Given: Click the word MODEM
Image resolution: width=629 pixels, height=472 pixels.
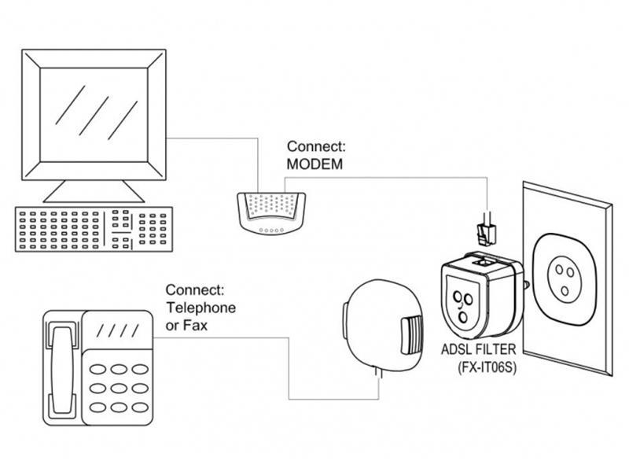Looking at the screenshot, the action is [x=314, y=164].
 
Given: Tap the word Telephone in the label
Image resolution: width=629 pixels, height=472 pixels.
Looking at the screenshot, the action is [x=201, y=308].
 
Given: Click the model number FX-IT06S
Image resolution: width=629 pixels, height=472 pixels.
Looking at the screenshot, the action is [x=487, y=367].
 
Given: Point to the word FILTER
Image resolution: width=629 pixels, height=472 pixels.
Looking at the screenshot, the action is [x=496, y=349].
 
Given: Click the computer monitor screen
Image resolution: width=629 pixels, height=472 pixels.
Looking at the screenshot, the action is [x=94, y=115].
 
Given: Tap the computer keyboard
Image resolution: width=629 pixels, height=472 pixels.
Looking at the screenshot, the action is [x=94, y=229].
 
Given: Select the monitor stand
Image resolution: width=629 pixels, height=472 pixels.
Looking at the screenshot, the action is [x=94, y=191].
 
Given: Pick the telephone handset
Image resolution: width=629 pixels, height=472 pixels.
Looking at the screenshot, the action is [x=62, y=370].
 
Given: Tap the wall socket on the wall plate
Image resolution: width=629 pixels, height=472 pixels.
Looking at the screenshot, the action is [x=564, y=277].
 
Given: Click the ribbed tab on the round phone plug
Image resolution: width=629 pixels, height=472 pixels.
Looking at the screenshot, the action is [x=411, y=335].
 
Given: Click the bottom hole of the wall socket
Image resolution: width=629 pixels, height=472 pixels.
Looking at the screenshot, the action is [x=565, y=290].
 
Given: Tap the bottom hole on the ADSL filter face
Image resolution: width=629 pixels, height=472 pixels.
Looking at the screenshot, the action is [x=463, y=318].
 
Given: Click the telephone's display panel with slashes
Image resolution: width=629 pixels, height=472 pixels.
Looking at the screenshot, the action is [x=117, y=330].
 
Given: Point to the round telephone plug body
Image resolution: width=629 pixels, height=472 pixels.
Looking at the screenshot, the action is [x=382, y=325].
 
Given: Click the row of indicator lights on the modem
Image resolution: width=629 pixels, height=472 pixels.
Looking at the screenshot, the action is [x=271, y=230].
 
